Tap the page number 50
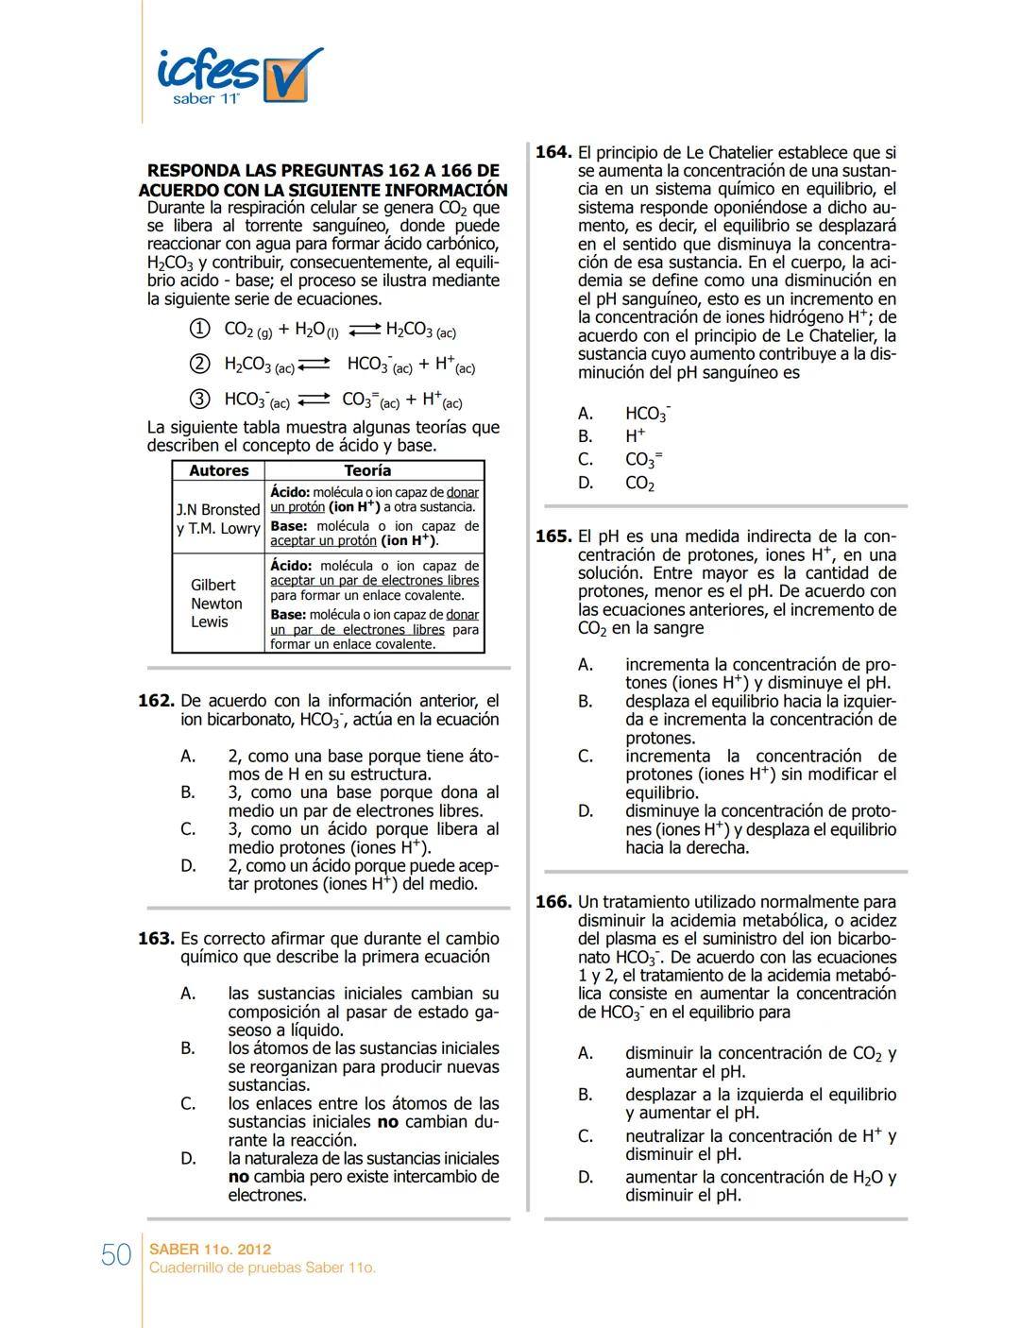[x=116, y=1254]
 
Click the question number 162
[x=157, y=701]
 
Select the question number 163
[x=157, y=939]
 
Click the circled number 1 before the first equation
[x=199, y=329]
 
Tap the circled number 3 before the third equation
[x=199, y=399]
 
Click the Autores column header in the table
[x=219, y=470]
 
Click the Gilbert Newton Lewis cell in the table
[x=216, y=604]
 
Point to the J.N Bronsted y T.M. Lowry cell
[x=218, y=519]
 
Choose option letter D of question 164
[x=586, y=484]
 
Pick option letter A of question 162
[x=189, y=757]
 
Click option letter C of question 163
[x=189, y=1103]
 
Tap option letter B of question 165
[x=586, y=702]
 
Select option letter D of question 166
[x=586, y=1177]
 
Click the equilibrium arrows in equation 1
[x=363, y=330]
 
